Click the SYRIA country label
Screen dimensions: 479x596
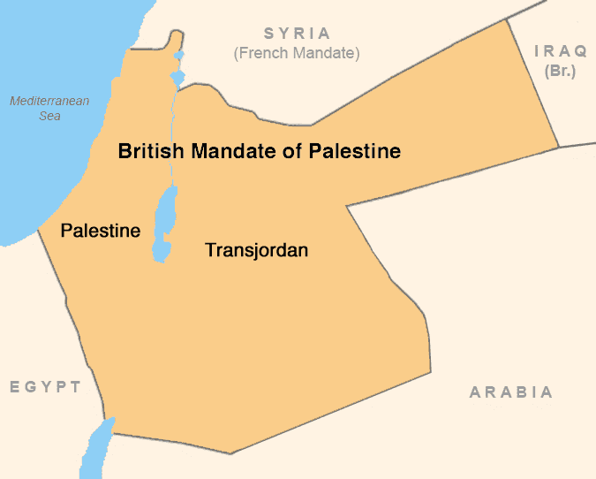(x=297, y=34)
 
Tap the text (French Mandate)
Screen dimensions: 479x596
(x=297, y=53)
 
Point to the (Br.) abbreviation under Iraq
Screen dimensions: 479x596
(x=561, y=71)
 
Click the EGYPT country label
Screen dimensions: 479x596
(x=46, y=387)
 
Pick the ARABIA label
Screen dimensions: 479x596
(x=511, y=392)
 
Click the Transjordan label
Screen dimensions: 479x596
(x=256, y=250)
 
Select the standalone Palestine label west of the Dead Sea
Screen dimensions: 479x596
(x=100, y=231)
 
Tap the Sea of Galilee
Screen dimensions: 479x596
(x=177, y=79)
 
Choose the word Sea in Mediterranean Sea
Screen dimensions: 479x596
(x=49, y=117)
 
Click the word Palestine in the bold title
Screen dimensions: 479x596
(x=355, y=151)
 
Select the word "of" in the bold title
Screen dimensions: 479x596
(x=298, y=151)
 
